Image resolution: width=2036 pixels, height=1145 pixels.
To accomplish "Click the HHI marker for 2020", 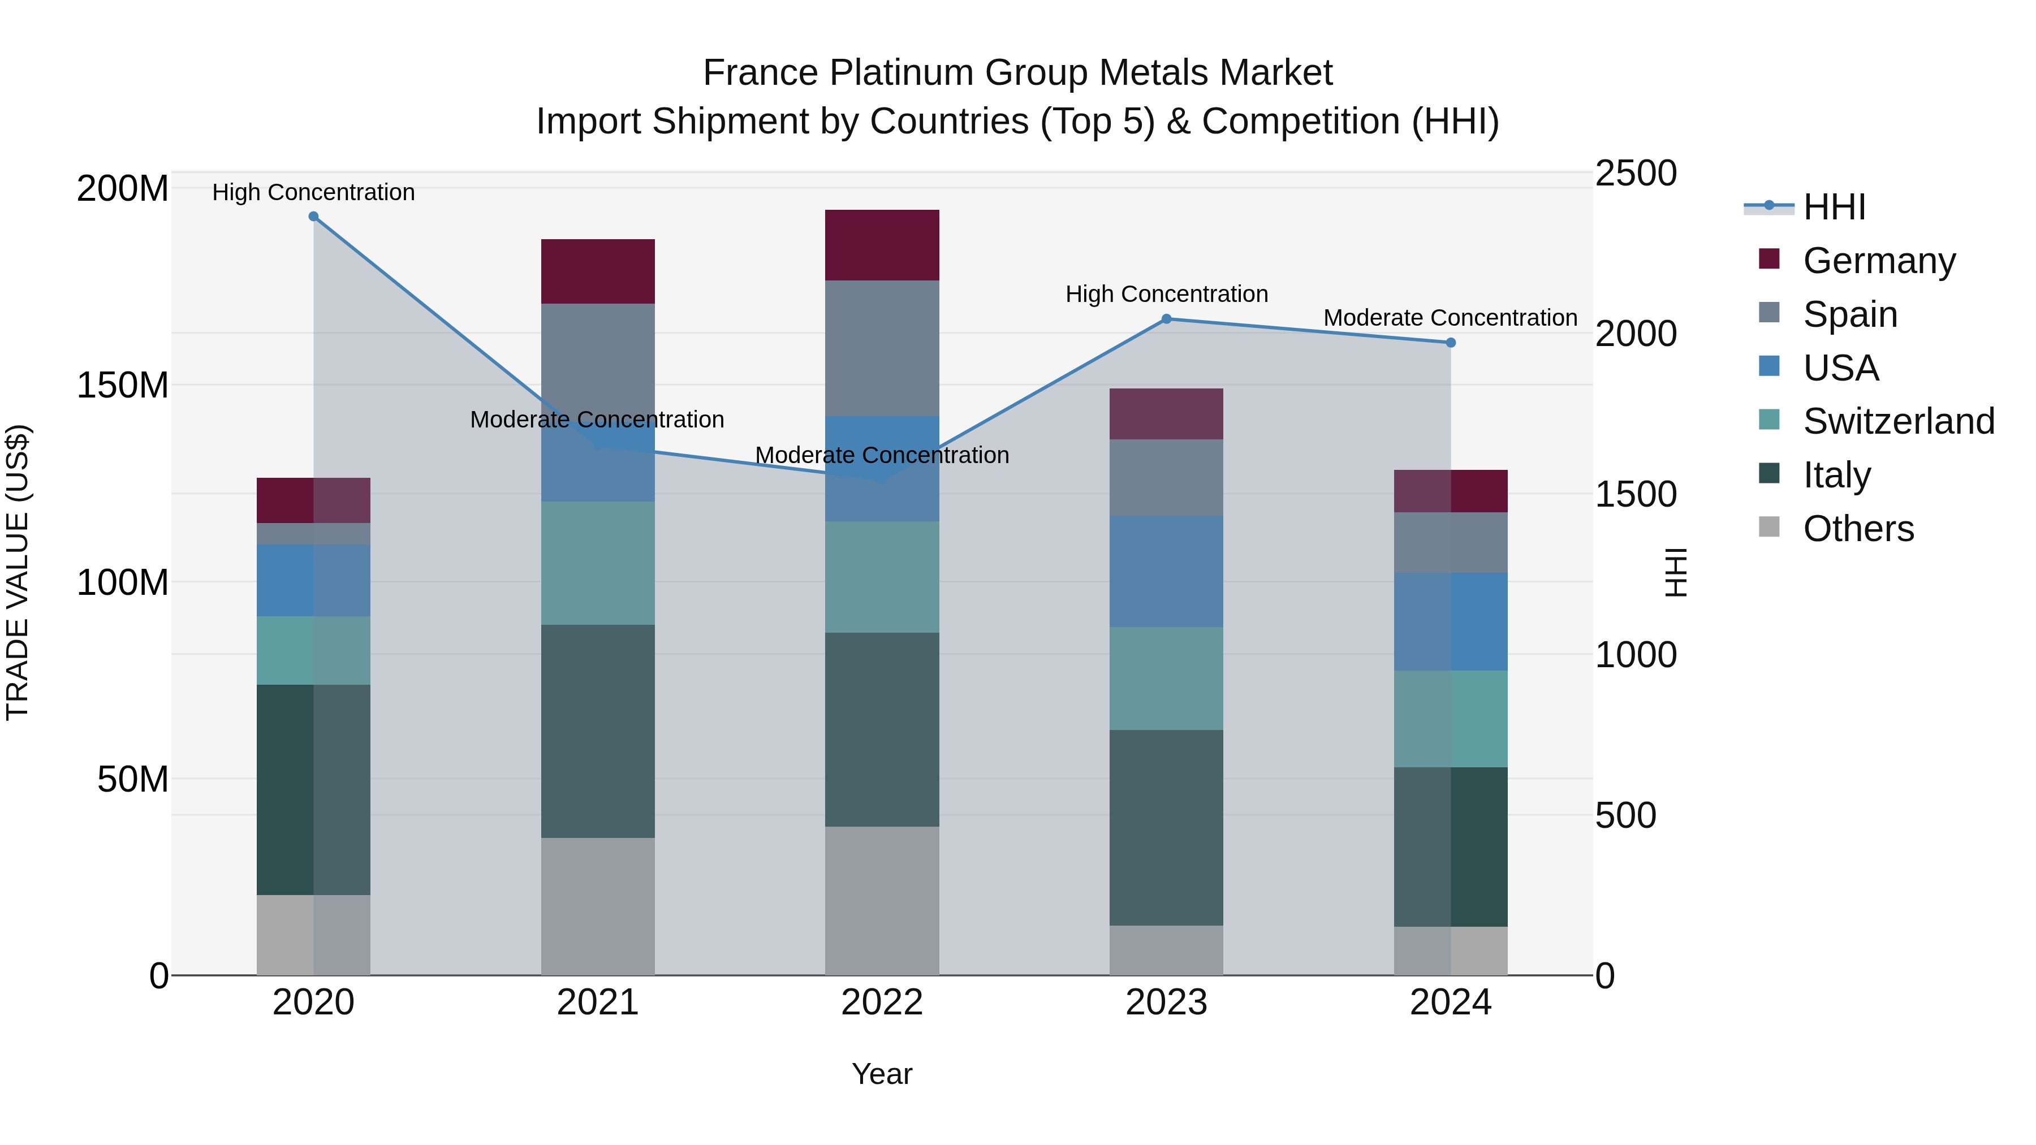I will (314, 217).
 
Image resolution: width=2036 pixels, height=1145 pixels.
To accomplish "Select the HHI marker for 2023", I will (1167, 319).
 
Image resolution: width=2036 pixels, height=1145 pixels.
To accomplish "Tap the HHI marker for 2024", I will (1451, 343).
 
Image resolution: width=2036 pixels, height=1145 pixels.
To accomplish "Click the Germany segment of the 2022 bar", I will (882, 245).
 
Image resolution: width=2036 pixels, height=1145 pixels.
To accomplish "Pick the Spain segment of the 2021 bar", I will (598, 356).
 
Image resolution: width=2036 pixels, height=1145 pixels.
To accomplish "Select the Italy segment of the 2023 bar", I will (1167, 827).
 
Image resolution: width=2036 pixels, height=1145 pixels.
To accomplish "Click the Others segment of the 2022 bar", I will (882, 901).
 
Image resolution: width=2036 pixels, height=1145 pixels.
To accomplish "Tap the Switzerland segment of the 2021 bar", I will (598, 563).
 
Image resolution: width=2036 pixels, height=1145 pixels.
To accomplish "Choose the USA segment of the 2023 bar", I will (1167, 571).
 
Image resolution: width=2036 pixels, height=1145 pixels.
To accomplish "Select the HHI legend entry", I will (1834, 207).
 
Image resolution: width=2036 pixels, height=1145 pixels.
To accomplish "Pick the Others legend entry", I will (1857, 529).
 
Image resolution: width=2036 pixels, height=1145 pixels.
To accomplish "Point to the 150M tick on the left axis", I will (123, 386).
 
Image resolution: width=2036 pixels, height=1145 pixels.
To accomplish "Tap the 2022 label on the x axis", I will (882, 1003).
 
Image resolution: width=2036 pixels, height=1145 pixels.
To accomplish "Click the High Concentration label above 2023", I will (1167, 294).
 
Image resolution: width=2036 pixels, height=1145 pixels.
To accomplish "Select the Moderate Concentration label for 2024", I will (1450, 318).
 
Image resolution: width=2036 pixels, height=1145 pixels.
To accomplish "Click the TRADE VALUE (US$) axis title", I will (18, 572).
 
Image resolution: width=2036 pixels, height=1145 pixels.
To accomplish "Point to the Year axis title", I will (882, 1074).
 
